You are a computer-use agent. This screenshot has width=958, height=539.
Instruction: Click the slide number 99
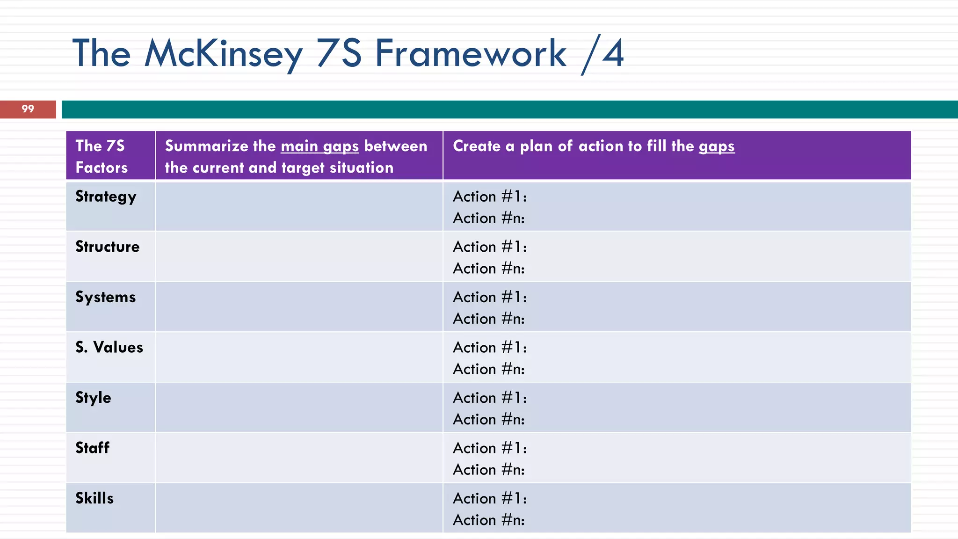28,109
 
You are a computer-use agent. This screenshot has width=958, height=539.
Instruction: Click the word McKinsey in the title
224,53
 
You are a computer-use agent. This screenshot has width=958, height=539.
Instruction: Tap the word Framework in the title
471,53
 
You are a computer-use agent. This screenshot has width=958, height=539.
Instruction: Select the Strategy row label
106,197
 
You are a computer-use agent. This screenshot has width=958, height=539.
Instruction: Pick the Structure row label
108,247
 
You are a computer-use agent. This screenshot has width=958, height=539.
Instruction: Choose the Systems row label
106,297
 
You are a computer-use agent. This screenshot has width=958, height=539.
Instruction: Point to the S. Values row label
109,347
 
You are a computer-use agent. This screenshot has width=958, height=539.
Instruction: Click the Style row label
93,398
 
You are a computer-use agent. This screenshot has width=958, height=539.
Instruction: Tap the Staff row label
92,448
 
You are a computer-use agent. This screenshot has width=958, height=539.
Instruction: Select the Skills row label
94,498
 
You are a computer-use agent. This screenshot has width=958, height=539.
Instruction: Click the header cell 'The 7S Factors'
101,156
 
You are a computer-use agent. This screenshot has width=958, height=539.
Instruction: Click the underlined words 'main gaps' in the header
319,146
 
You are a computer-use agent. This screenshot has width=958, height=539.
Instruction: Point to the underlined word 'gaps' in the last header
716,146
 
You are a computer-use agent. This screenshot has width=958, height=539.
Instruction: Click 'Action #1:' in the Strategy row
490,197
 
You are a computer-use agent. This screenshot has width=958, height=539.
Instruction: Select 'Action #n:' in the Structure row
489,269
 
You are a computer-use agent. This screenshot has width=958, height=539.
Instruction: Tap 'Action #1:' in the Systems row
490,297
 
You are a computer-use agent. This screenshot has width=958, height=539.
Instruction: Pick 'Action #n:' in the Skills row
489,520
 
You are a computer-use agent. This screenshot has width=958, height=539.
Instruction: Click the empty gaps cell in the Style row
299,408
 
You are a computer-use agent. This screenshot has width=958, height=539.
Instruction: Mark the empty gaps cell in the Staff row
299,458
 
